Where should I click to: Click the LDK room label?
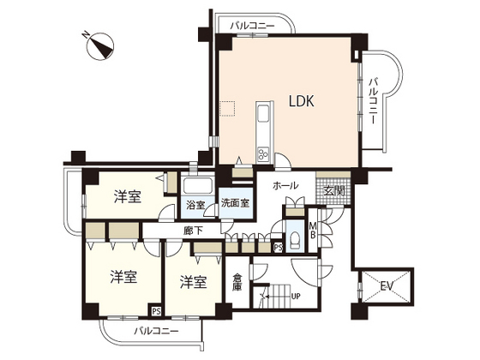tap(301, 101)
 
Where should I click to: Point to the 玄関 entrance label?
tap(334, 190)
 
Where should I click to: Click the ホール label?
tap(285, 186)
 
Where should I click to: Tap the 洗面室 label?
tap(234, 204)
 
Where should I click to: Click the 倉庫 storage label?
tap(238, 282)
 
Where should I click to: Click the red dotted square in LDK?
tap(226, 108)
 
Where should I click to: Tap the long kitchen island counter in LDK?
tap(262, 134)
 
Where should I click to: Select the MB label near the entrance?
tap(313, 231)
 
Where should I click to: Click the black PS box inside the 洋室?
tap(155, 311)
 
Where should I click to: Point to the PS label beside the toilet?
tap(277, 247)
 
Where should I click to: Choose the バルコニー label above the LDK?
tap(252, 27)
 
